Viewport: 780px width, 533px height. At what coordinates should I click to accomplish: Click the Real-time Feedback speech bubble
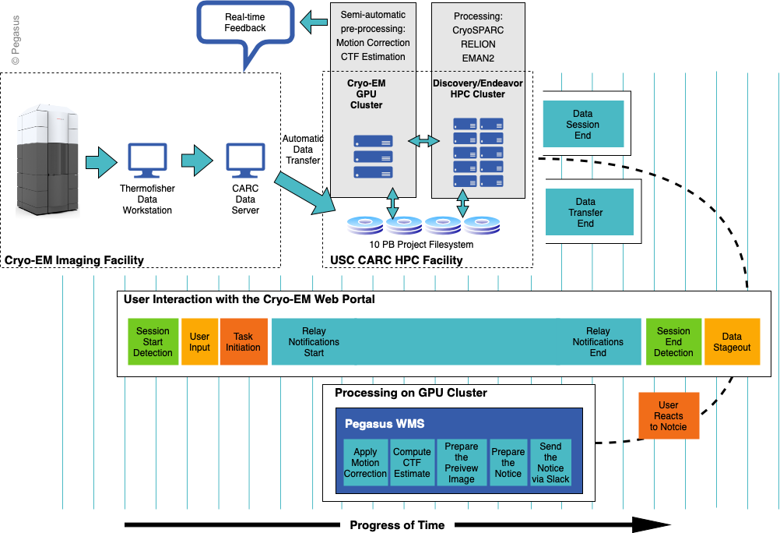[x=245, y=23]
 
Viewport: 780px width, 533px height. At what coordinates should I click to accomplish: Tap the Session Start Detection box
[x=153, y=342]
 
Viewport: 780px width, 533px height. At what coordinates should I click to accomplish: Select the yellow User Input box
[x=199, y=342]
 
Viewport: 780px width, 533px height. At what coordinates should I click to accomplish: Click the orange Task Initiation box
[x=243, y=342]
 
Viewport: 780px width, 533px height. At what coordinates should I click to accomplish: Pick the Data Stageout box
[x=732, y=342]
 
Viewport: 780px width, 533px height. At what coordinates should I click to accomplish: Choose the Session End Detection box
[x=673, y=342]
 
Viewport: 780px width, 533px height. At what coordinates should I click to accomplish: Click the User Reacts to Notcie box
[x=668, y=416]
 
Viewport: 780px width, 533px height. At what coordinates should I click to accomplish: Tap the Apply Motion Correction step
[x=365, y=463]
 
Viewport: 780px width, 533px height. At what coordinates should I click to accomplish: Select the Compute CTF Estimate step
[x=412, y=463]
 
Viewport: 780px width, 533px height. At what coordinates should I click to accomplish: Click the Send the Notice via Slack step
[x=550, y=463]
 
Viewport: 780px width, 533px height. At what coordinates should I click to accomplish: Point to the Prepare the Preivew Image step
[x=461, y=463]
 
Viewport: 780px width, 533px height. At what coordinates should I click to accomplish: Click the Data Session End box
[x=582, y=124]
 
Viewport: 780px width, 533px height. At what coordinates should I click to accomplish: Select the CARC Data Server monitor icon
[x=245, y=161]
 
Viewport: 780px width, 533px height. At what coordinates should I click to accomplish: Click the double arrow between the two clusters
[x=424, y=140]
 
